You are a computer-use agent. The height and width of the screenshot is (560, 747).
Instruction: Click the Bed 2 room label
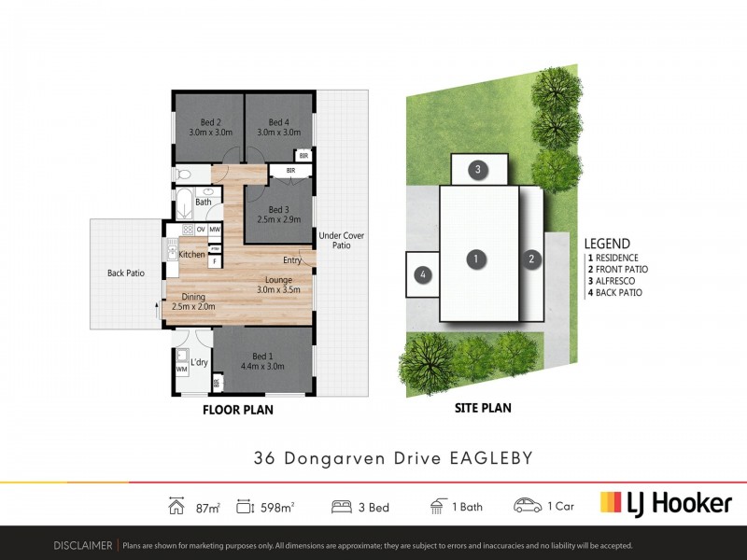[x=210, y=122]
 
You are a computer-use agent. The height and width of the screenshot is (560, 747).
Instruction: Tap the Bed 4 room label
[x=279, y=122]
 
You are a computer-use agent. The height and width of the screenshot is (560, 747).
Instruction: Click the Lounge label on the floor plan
[x=279, y=279]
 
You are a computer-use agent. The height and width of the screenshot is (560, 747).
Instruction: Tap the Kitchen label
[x=192, y=255]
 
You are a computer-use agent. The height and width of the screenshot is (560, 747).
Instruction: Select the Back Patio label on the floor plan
[x=125, y=273]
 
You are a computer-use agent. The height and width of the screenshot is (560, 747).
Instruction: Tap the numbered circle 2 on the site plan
[x=531, y=259]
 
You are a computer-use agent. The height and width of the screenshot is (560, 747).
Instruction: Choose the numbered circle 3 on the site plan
[x=477, y=170]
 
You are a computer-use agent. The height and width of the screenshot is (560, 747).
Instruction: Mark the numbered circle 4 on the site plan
[x=423, y=274]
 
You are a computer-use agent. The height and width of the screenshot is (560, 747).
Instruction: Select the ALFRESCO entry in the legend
[x=616, y=281]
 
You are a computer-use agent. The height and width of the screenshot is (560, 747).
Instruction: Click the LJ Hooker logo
[x=665, y=504]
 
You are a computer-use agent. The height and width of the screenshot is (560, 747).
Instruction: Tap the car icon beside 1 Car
[x=529, y=505]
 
